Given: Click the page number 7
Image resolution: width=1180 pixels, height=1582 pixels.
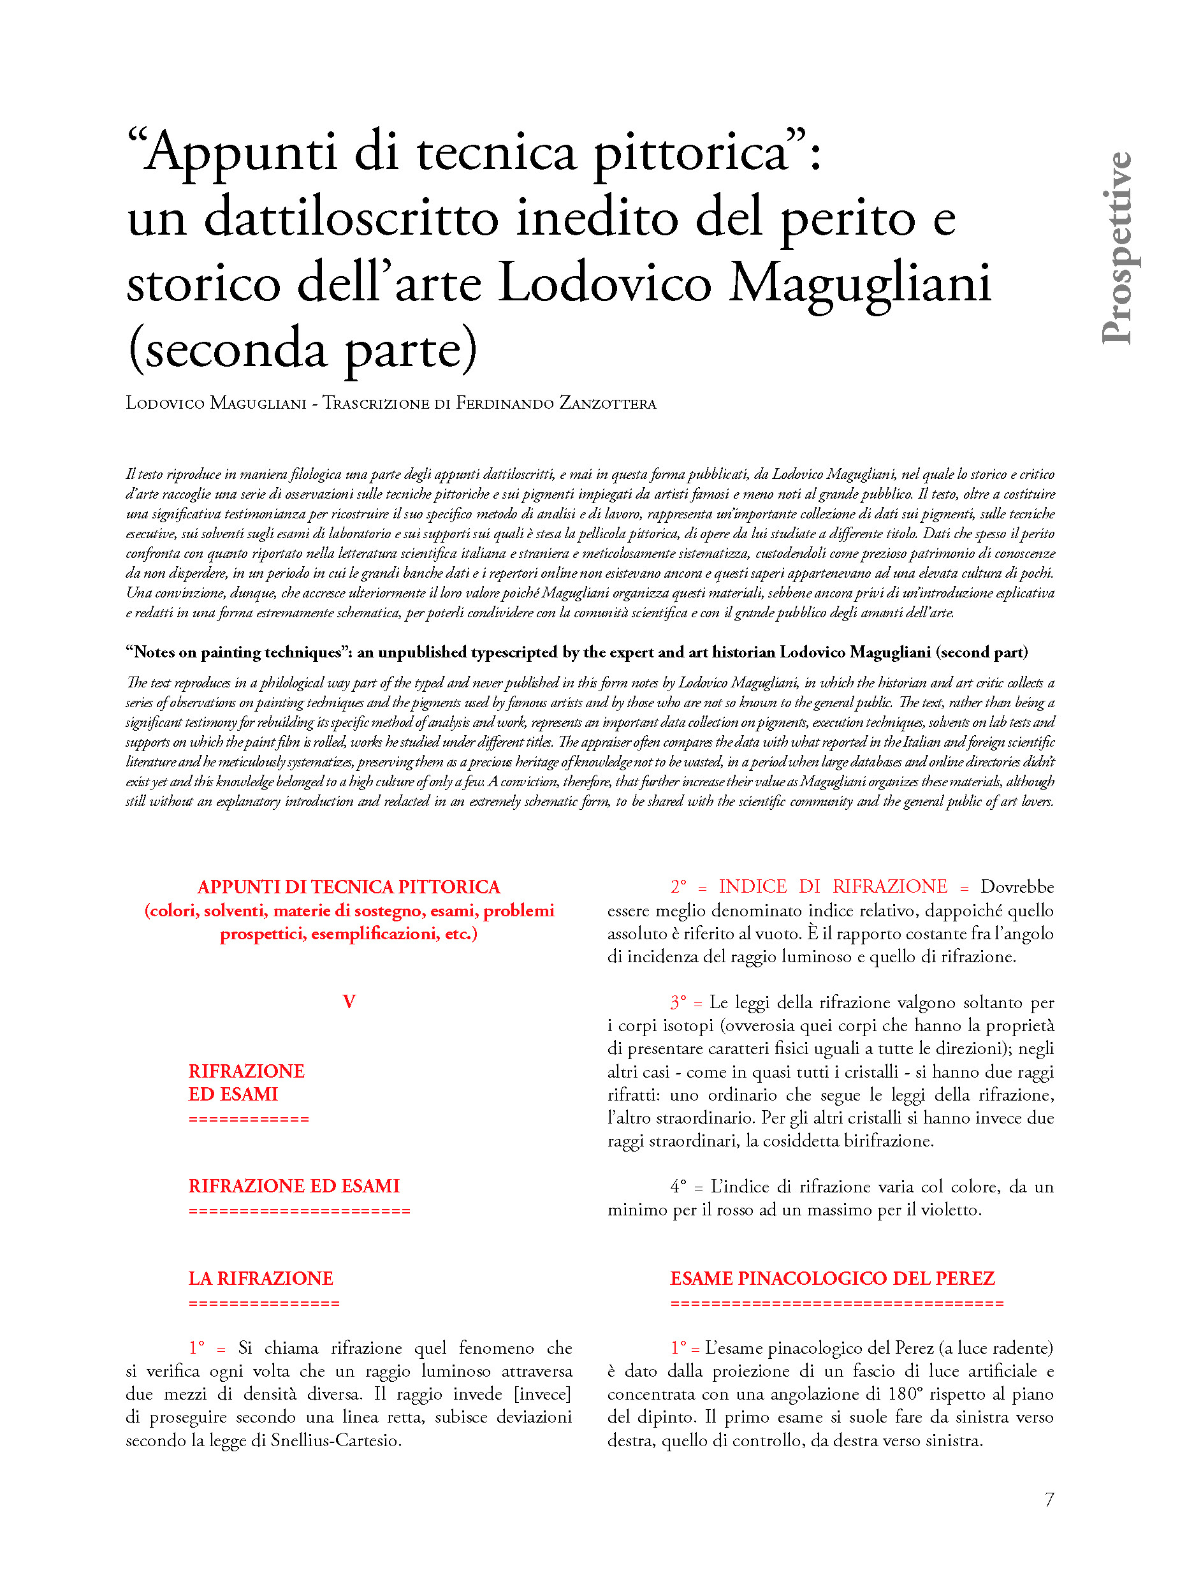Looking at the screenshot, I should click(1049, 1499).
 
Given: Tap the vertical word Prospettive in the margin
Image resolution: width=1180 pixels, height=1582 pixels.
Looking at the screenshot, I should click(1117, 248).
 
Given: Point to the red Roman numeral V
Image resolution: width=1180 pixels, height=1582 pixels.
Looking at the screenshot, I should click(349, 1001).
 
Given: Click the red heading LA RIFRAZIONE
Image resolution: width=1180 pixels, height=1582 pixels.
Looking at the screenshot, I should click(261, 1278).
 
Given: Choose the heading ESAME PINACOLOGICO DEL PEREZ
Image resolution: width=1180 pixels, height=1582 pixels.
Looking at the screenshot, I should click(832, 1278).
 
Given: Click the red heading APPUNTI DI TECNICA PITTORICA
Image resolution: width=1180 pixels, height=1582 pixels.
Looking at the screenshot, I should click(349, 887).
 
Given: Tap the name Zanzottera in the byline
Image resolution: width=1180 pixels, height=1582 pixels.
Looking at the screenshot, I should click(607, 404).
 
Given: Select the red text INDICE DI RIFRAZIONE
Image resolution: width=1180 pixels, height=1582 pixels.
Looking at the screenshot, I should click(833, 887).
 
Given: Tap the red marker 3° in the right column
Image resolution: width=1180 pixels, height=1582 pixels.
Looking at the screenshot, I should click(678, 1003).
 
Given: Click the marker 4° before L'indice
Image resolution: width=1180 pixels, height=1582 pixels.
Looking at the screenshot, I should click(678, 1187).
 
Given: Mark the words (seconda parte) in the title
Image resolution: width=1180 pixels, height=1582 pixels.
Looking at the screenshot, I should click(302, 349).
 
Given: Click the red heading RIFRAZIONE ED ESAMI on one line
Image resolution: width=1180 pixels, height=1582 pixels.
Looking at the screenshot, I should click(294, 1186).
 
